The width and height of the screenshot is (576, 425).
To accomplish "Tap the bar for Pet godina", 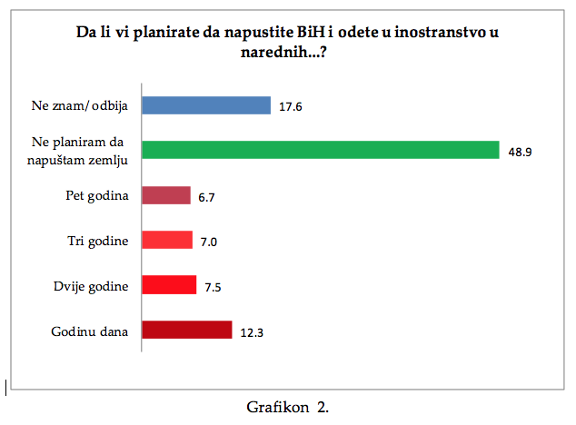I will [x=167, y=195].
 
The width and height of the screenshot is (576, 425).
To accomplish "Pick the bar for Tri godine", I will [x=168, y=240].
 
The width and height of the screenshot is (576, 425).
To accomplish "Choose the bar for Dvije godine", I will [x=170, y=285].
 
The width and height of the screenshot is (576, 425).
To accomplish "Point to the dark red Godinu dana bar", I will [x=188, y=330].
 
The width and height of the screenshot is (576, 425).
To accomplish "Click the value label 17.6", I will [x=291, y=106].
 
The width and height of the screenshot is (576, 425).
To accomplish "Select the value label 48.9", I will [x=520, y=152].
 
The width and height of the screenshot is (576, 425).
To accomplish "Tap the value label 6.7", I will [x=207, y=196].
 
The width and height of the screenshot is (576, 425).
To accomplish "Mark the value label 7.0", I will [x=210, y=241].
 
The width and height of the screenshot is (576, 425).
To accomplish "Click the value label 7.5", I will [x=214, y=286].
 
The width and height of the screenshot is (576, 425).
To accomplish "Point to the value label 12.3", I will [x=251, y=331].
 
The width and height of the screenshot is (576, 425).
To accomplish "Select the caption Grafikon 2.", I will [x=287, y=407].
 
